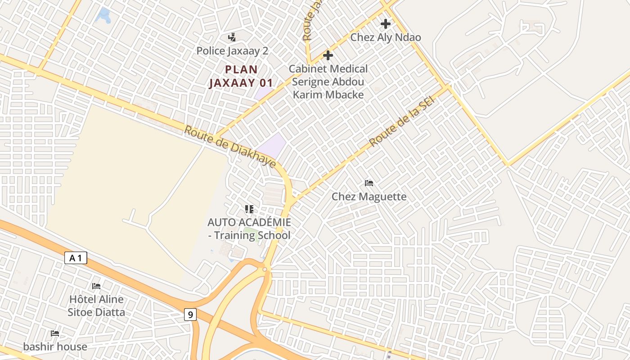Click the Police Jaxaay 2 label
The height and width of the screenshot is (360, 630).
[232, 51]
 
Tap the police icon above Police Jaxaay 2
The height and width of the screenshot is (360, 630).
[232, 37]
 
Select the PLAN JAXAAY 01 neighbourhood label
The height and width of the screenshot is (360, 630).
[241, 76]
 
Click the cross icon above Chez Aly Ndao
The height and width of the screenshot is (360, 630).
[386, 24]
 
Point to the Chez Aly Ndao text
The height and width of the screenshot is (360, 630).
[386, 37]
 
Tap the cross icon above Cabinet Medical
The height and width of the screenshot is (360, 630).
[328, 55]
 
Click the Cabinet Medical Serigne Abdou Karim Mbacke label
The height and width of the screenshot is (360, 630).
[328, 81]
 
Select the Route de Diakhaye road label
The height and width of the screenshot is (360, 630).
[230, 146]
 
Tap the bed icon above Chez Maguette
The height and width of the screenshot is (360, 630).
[369, 183]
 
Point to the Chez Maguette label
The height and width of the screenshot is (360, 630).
[369, 197]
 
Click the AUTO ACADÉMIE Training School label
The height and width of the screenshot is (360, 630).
[249, 229]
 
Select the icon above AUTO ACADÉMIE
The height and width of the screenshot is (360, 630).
[249, 209]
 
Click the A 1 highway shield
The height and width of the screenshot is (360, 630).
[76, 258]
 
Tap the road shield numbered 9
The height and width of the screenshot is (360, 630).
[190, 315]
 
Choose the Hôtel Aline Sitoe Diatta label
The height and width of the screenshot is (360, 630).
[96, 306]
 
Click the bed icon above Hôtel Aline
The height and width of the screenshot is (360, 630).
[96, 286]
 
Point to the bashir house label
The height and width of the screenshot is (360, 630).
[55, 346]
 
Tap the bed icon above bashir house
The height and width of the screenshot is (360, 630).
[55, 333]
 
